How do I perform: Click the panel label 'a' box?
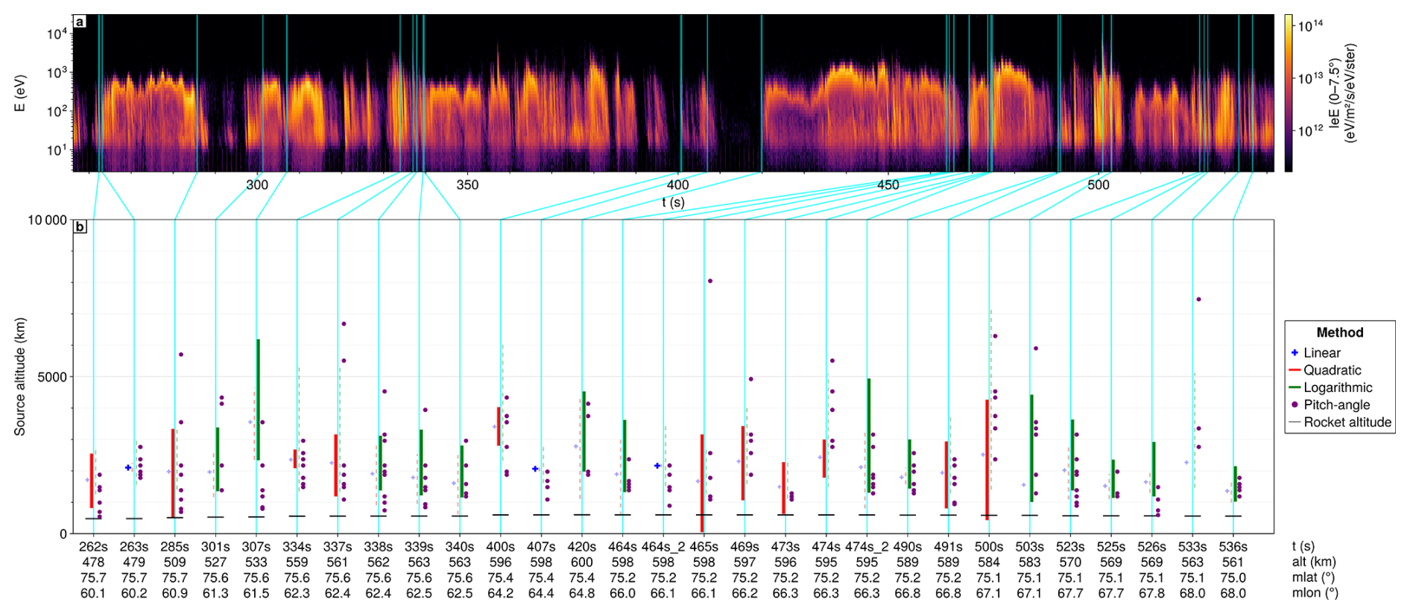(80, 22)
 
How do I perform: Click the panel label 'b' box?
(80, 227)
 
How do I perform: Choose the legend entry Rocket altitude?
(1340, 422)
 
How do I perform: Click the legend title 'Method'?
(1339, 333)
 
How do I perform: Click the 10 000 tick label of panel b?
(47, 220)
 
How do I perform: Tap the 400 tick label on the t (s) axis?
(677, 185)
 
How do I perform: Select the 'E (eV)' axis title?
(20, 93)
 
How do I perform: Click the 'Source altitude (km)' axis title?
(20, 376)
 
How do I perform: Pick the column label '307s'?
(256, 547)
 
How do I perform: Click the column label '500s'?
(989, 547)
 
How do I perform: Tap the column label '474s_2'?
(867, 547)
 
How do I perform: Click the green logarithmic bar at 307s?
(259, 400)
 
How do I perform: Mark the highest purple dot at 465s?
(710, 281)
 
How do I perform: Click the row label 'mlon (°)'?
(1315, 594)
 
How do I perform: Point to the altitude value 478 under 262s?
(93, 563)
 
